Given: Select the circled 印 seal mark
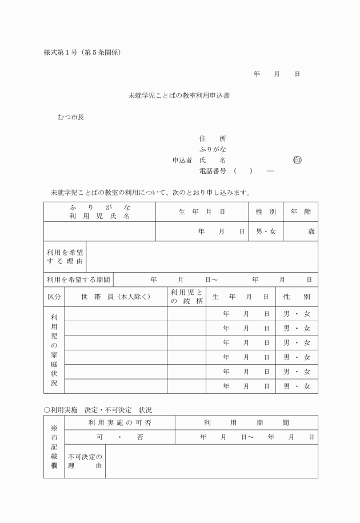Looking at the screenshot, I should click(297, 160).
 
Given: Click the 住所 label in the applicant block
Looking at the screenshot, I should click(212, 139).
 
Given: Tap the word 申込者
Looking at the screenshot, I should click(182, 160).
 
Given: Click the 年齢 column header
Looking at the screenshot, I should click(300, 211).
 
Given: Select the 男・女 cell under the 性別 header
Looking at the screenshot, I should click(266, 231).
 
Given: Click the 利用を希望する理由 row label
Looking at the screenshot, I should click(65, 256).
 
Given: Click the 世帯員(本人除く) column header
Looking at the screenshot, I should click(115, 297).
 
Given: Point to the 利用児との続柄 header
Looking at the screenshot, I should click(186, 297).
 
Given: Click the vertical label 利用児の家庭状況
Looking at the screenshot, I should click(54, 350).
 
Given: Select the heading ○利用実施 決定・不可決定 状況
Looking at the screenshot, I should click(98, 410).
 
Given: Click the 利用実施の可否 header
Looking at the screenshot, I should click(119, 423).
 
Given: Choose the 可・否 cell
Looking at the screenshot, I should click(120, 437).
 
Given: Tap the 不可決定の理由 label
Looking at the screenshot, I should click(85, 461).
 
